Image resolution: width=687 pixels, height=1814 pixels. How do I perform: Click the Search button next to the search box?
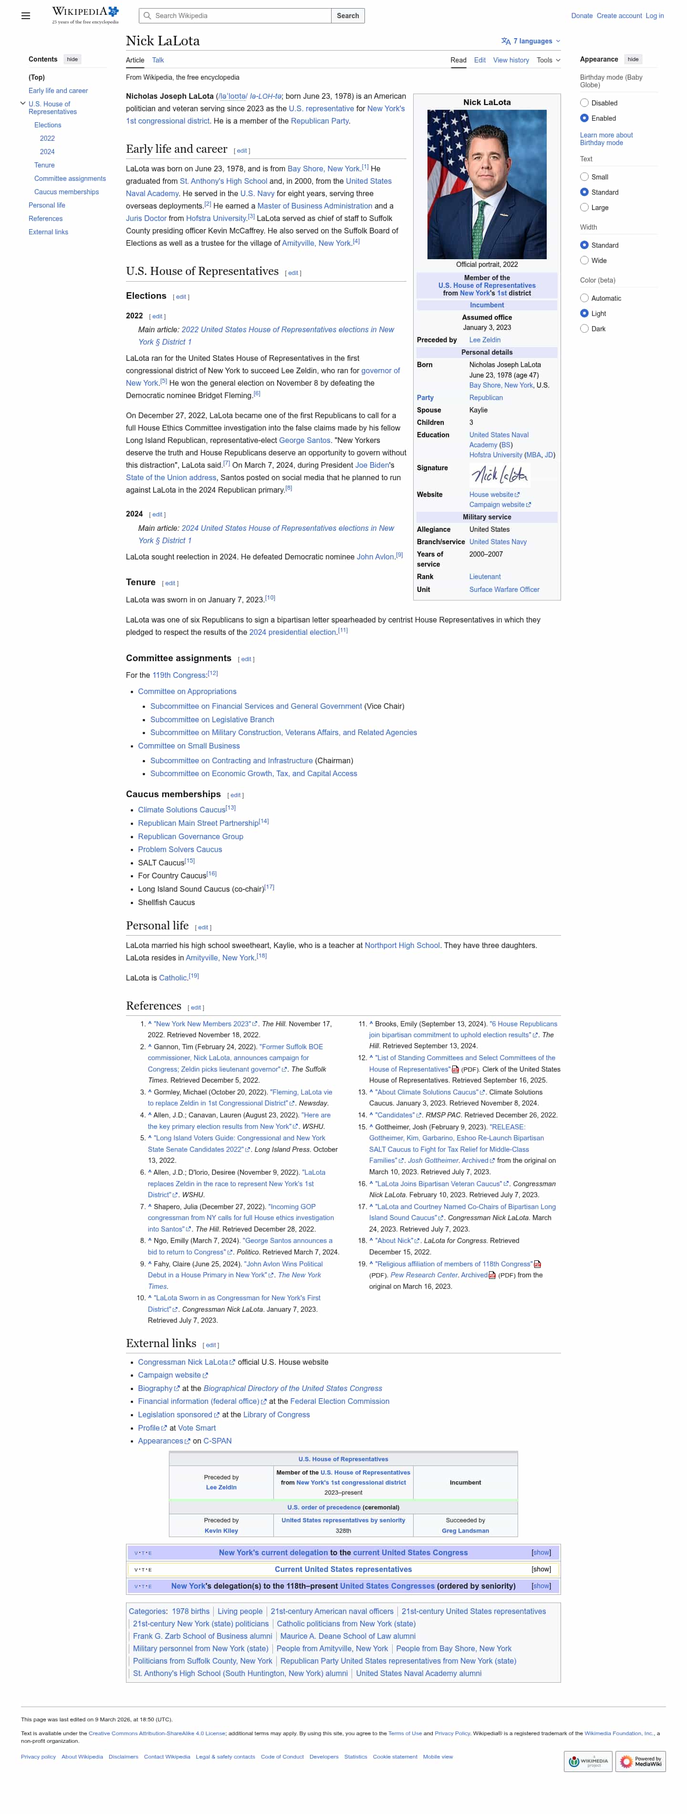(x=348, y=15)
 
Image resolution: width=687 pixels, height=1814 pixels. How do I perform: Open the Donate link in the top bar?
(x=582, y=15)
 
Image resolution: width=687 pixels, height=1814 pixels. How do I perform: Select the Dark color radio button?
(x=584, y=329)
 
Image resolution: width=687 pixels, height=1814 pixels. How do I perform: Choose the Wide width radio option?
(x=584, y=261)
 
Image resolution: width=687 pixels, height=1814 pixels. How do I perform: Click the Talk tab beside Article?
(x=157, y=60)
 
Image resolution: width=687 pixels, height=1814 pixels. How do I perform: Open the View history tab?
(x=510, y=60)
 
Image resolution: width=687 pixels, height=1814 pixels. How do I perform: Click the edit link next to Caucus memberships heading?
(x=235, y=795)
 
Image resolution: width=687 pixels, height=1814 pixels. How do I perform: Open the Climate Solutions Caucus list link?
(x=182, y=810)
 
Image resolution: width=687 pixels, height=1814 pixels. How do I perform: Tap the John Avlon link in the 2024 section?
(x=375, y=557)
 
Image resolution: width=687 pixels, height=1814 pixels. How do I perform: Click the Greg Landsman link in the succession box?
(x=465, y=1530)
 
